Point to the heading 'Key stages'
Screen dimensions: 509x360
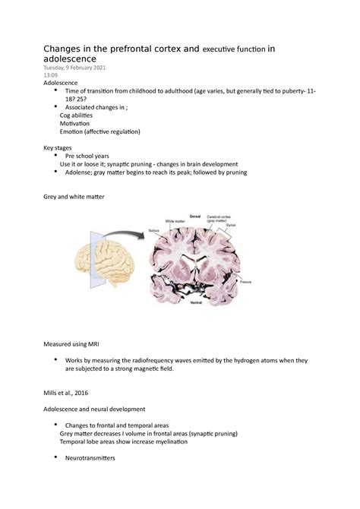tap(61, 148)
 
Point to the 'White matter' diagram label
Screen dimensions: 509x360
tap(177, 220)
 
